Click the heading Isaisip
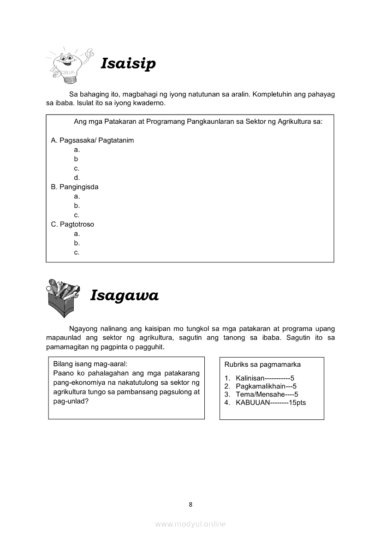tap(128, 63)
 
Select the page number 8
tap(190, 504)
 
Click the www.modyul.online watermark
tap(190, 524)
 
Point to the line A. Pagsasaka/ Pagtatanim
tap(92, 140)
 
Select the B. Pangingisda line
tap(75, 187)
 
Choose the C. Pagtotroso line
tap(72, 224)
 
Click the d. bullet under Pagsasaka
tap(77, 178)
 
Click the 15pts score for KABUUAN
tap(297, 403)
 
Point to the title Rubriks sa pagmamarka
tap(262, 364)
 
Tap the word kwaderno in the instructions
tap(149, 103)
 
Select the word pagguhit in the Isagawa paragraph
tap(150, 346)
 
